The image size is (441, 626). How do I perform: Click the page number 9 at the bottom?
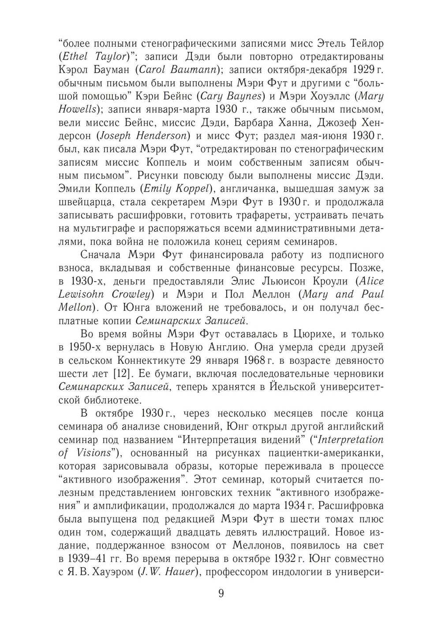click(x=221, y=592)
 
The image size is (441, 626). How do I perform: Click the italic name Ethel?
click(x=76, y=57)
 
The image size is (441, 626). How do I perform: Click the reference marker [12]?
click(x=121, y=374)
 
